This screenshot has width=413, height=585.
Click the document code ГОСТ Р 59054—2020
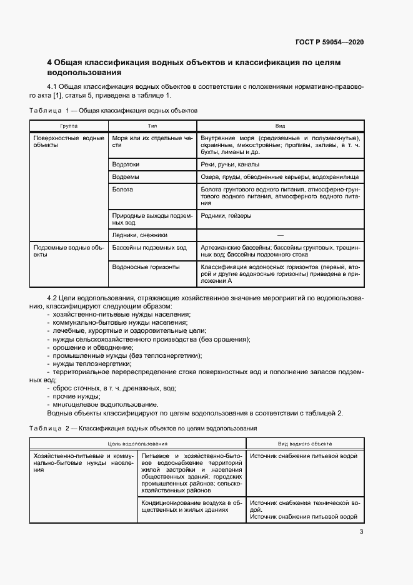(329, 42)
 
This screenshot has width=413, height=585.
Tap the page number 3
(361, 532)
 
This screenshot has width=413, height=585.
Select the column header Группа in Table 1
(69, 125)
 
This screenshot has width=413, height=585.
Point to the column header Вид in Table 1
(280, 125)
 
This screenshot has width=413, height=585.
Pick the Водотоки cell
(126, 165)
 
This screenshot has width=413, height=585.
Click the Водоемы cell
(126, 178)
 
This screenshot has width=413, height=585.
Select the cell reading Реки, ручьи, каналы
(226, 165)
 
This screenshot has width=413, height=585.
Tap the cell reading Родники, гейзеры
(226, 216)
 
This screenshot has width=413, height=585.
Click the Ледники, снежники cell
(141, 235)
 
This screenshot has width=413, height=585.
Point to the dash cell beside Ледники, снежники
(280, 235)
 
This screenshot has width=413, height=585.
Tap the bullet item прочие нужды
(76, 396)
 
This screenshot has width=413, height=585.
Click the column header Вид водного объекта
(304, 443)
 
